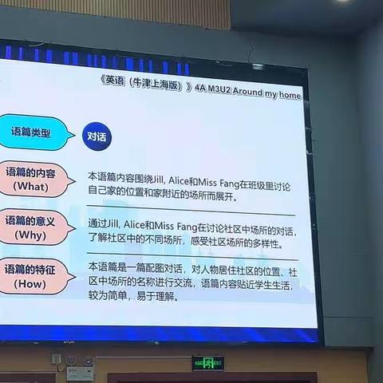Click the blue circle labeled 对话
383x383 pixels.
point(97,136)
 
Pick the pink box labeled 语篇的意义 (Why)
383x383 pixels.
point(34,227)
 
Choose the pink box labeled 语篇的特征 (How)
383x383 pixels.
point(34,275)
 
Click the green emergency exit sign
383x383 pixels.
point(207,362)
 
